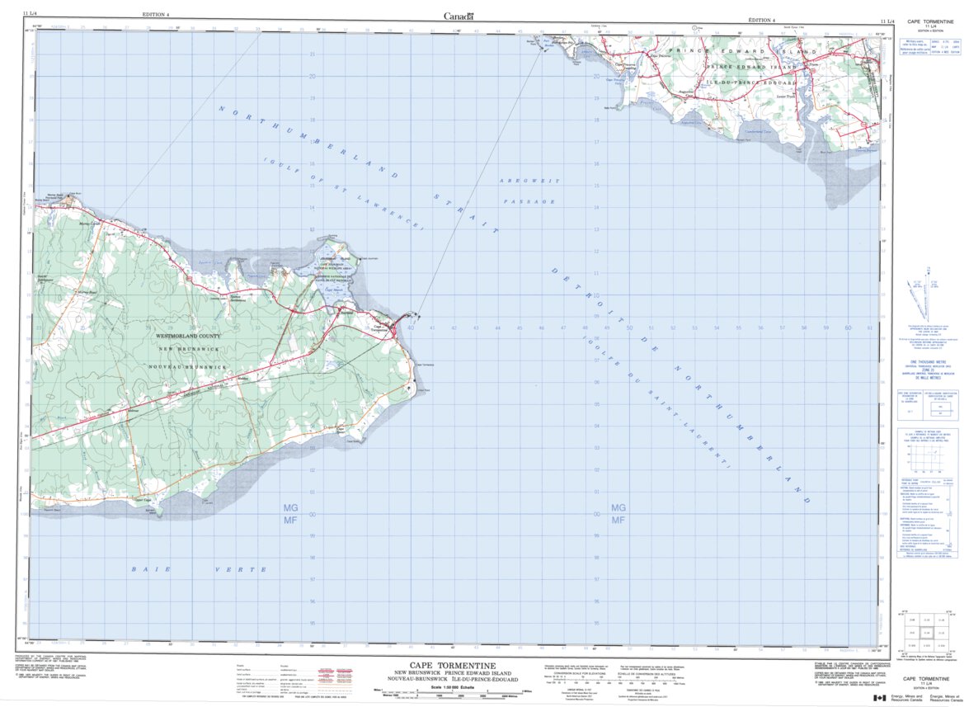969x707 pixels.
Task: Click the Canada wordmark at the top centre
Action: (x=458, y=16)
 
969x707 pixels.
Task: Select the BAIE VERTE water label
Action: (x=199, y=569)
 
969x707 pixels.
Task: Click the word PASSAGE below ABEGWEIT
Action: (x=528, y=200)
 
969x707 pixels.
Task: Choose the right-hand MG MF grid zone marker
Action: (x=618, y=514)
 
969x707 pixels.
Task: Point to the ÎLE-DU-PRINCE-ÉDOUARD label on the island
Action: (x=747, y=83)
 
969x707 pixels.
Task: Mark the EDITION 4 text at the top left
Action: (x=156, y=15)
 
